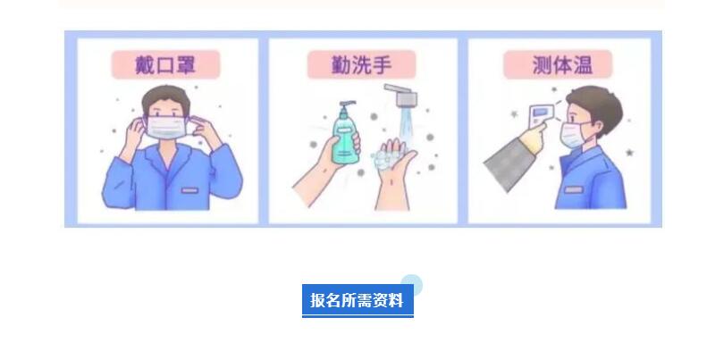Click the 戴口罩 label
click(166, 64)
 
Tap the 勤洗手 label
click(362, 64)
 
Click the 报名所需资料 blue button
click(357, 300)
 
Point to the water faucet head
click(403, 95)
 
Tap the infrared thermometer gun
click(542, 115)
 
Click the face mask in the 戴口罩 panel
click(166, 127)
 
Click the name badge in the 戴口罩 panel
click(189, 190)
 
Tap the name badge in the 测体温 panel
click(573, 189)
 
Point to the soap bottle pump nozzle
click(348, 104)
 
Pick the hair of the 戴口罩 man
click(166, 96)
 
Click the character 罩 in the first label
click(185, 64)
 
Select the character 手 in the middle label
click(382, 64)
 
